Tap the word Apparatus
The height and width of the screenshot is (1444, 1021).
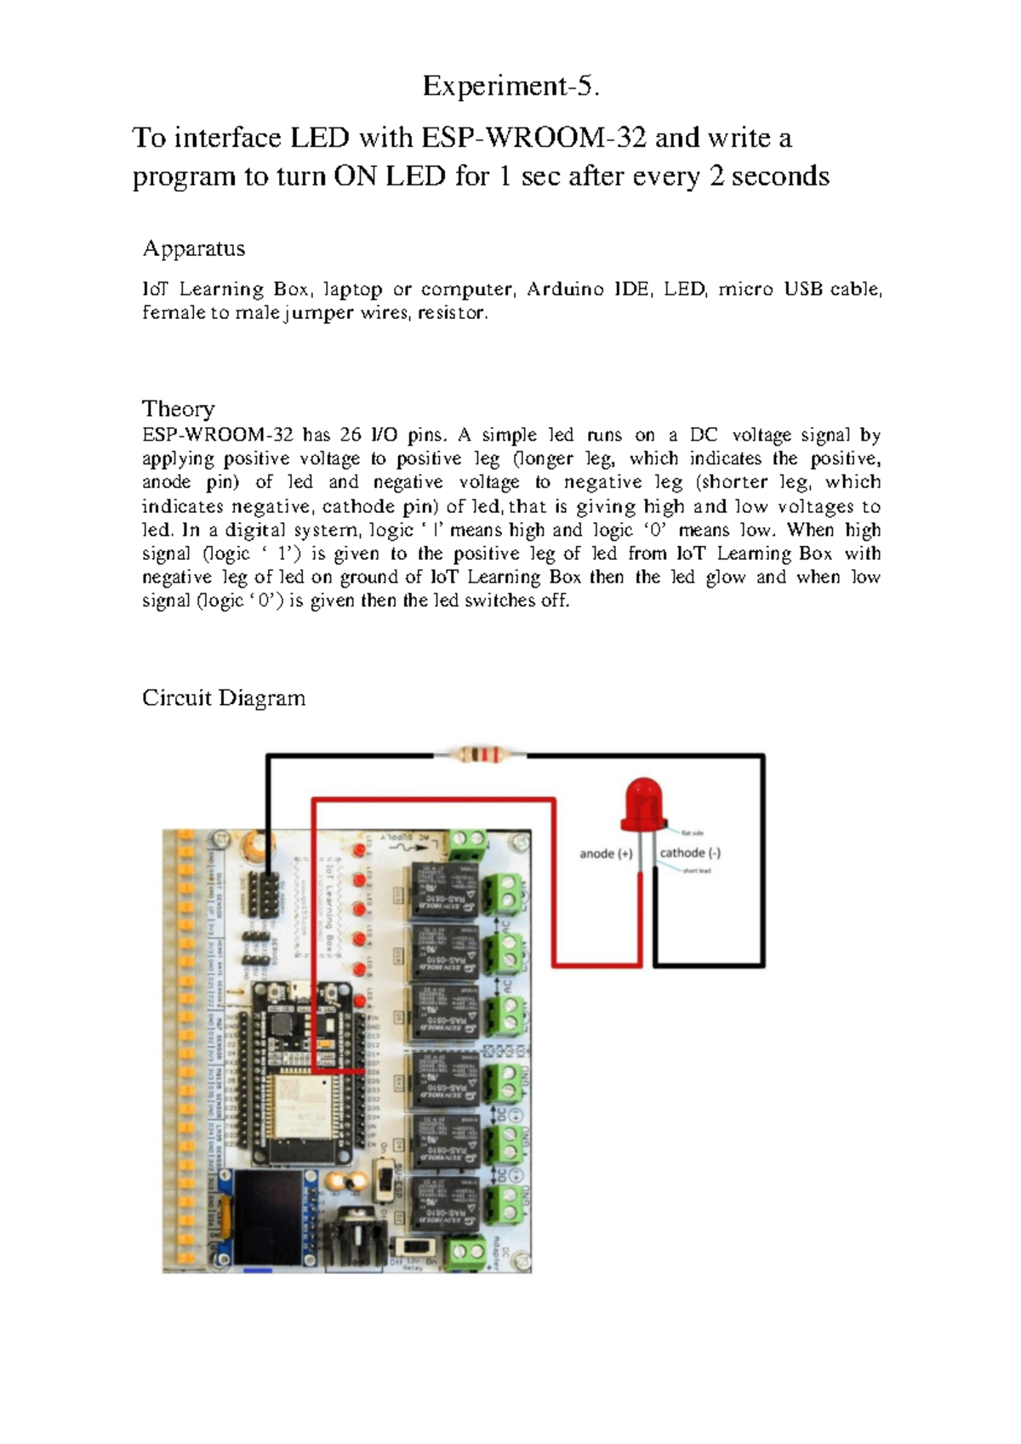point(193,248)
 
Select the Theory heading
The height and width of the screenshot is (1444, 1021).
point(178,408)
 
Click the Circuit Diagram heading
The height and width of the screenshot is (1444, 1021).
point(223,698)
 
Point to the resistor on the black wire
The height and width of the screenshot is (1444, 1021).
point(480,753)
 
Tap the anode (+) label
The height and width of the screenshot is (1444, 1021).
point(606,853)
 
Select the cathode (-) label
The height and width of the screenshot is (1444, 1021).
point(690,853)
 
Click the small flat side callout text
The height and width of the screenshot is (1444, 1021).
point(693,833)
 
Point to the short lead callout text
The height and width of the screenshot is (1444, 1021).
point(697,871)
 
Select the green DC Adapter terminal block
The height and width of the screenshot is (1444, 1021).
point(465,1251)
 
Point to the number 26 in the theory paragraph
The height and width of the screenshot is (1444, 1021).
point(350,435)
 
